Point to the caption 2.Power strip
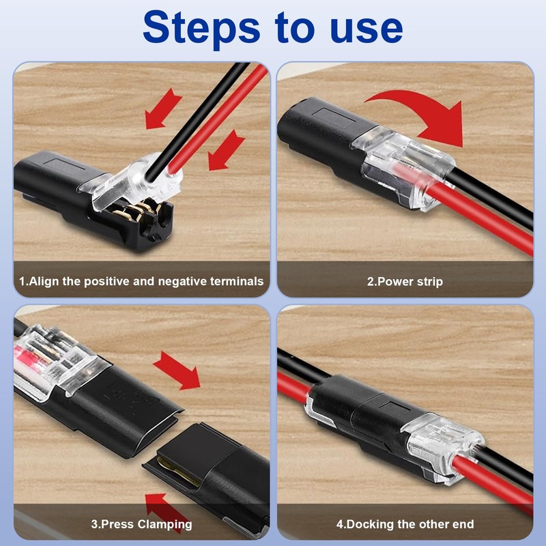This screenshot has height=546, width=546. pos(405,281)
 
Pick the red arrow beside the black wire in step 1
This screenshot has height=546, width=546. pos(162,109)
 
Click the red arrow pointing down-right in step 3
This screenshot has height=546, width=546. pos(177,372)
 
